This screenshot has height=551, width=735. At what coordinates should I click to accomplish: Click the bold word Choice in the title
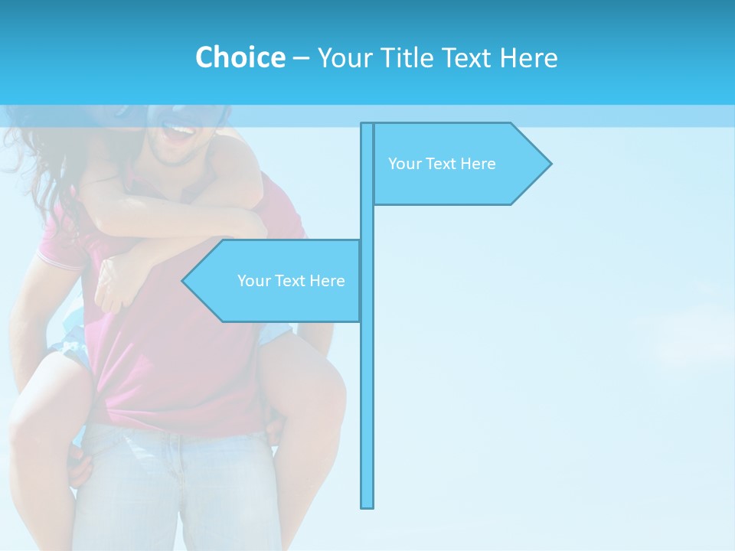tap(240, 57)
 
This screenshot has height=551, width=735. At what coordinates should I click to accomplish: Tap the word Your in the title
tap(345, 57)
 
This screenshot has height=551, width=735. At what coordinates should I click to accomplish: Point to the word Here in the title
tap(528, 57)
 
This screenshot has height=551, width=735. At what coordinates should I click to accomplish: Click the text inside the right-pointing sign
tap(442, 164)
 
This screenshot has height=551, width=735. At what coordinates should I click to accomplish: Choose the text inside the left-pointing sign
tap(291, 281)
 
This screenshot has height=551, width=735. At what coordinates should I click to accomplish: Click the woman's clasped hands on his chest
tap(115, 279)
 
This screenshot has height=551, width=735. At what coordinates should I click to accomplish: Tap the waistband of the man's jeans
tap(176, 436)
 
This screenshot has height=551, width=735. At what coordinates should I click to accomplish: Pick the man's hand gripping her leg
tap(78, 467)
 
